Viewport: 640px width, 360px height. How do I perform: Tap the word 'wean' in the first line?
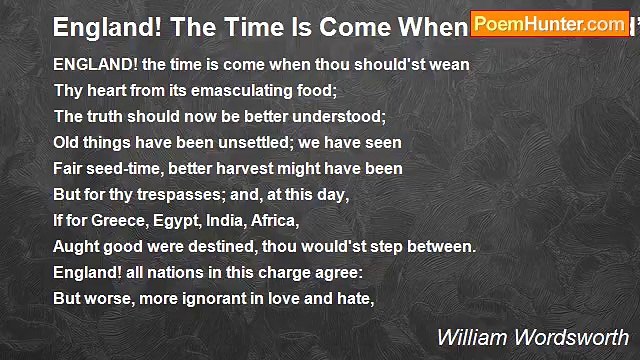coord(448,65)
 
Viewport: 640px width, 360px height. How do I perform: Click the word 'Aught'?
coord(77,247)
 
